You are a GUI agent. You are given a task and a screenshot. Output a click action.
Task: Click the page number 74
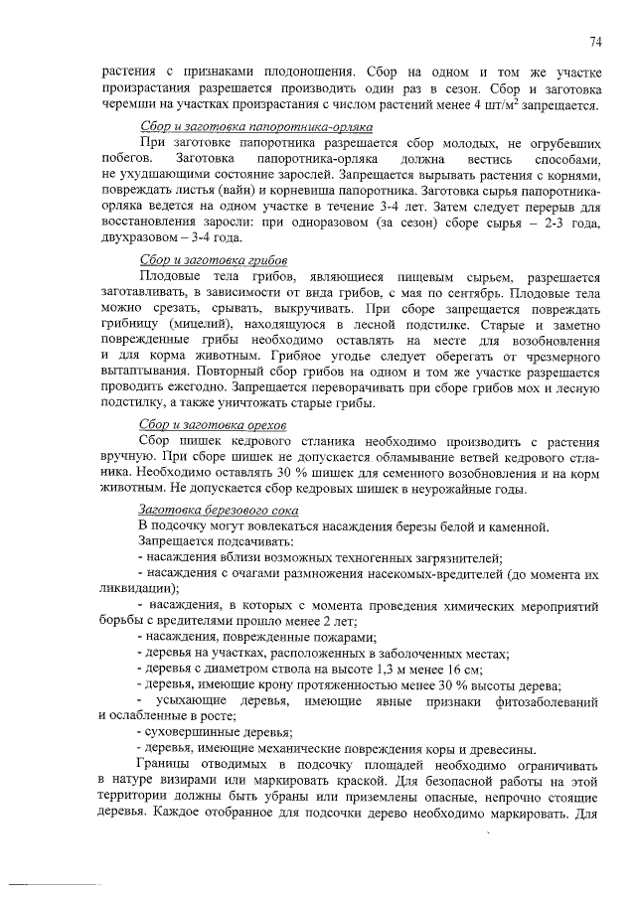point(595,42)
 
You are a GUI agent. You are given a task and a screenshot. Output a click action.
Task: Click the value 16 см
point(467,669)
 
